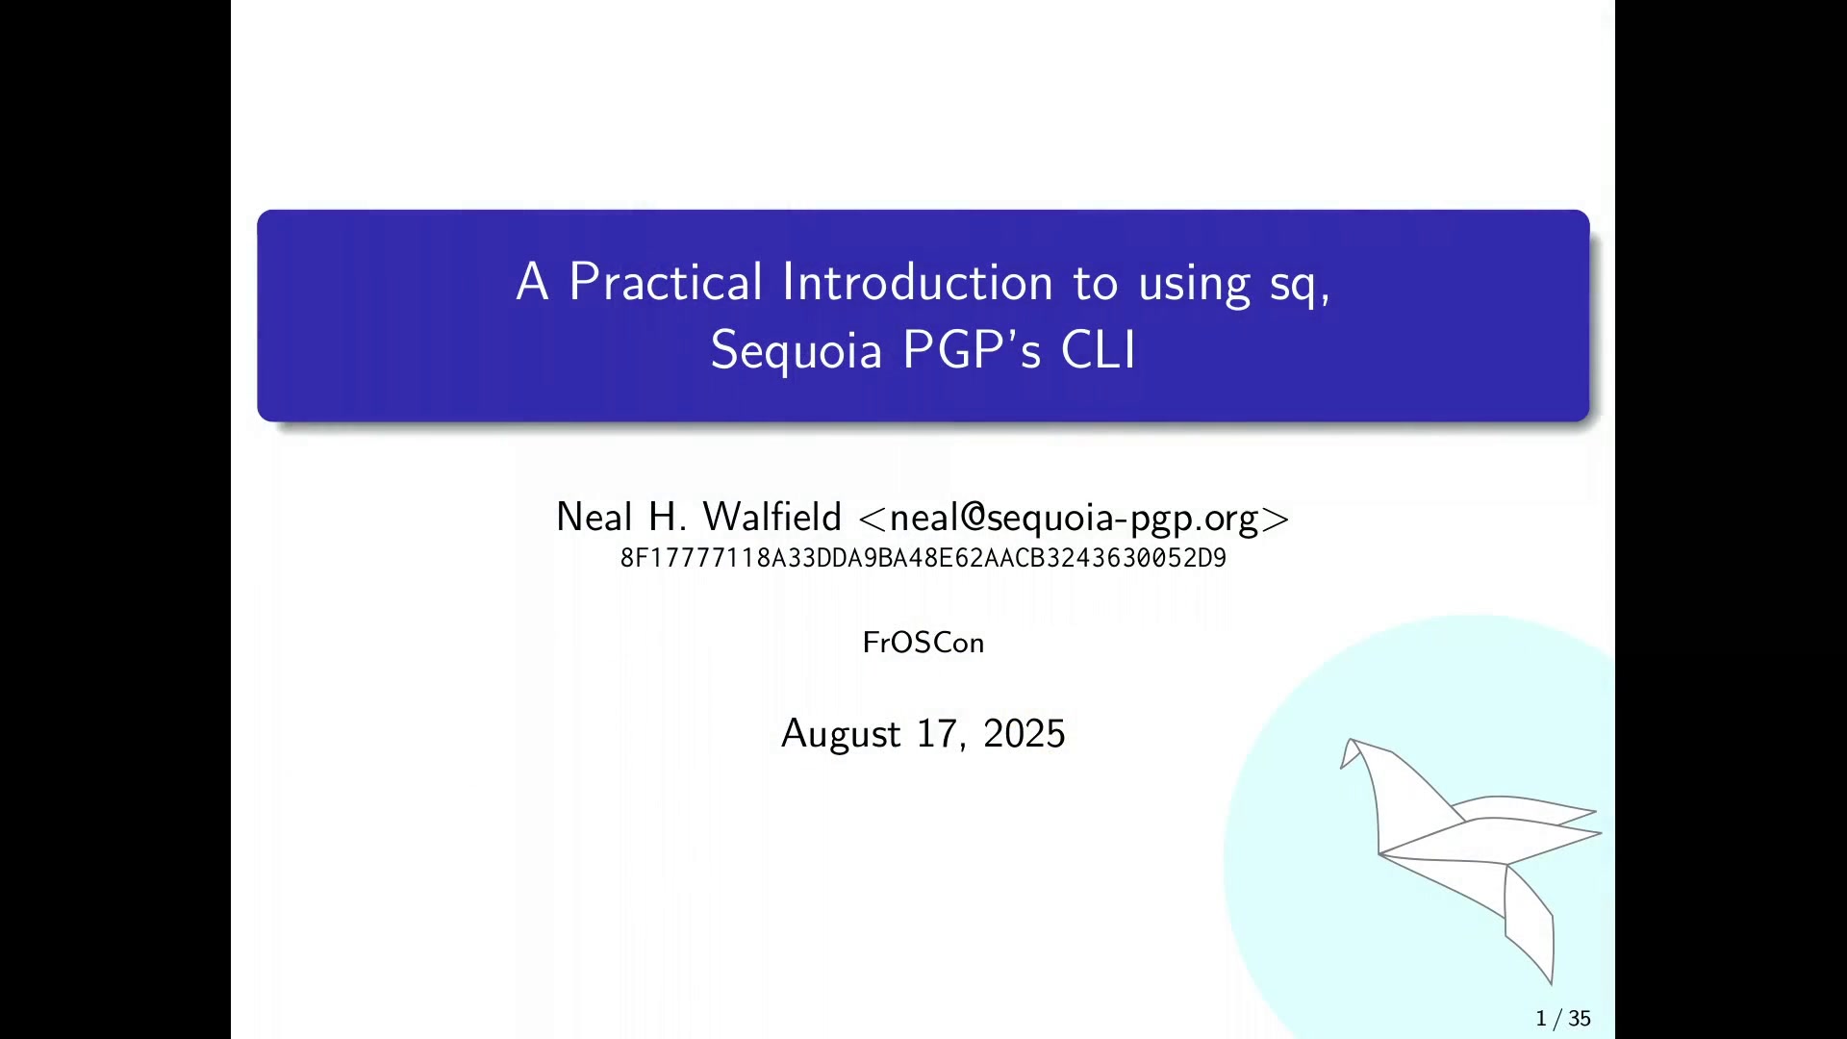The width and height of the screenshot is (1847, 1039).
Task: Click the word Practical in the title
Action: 666,282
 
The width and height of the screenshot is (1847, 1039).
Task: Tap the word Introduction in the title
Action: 918,282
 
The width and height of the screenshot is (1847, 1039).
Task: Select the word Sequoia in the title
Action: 797,349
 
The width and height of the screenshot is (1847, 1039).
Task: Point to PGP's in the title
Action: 972,349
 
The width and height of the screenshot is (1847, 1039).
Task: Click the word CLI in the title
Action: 1099,349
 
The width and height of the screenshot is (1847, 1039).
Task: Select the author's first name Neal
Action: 595,517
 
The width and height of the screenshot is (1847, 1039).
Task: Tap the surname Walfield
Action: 772,517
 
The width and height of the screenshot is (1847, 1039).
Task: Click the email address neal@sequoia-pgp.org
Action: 1074,519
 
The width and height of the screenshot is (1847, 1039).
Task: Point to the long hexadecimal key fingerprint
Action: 923,558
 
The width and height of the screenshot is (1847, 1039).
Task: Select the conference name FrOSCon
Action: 923,643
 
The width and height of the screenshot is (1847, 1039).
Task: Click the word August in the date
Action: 841,734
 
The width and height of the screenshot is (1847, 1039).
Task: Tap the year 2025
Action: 1025,734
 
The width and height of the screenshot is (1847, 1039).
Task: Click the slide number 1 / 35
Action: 1564,1018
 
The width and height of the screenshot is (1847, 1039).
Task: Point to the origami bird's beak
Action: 1342,767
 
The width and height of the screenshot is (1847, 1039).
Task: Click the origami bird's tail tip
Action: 1551,983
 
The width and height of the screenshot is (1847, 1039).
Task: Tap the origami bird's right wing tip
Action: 1601,833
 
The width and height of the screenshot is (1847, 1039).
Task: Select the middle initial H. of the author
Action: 668,517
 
